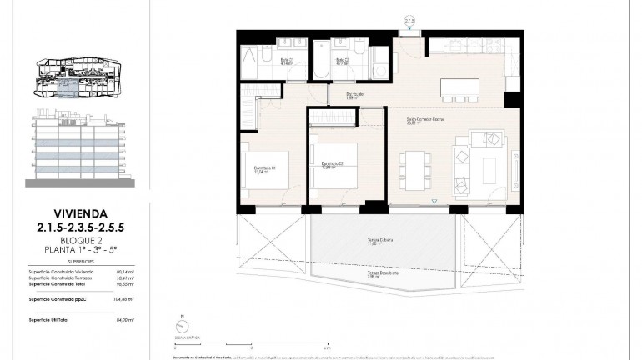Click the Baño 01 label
[286, 61]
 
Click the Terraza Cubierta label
[379, 242]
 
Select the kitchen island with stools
[459, 87]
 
